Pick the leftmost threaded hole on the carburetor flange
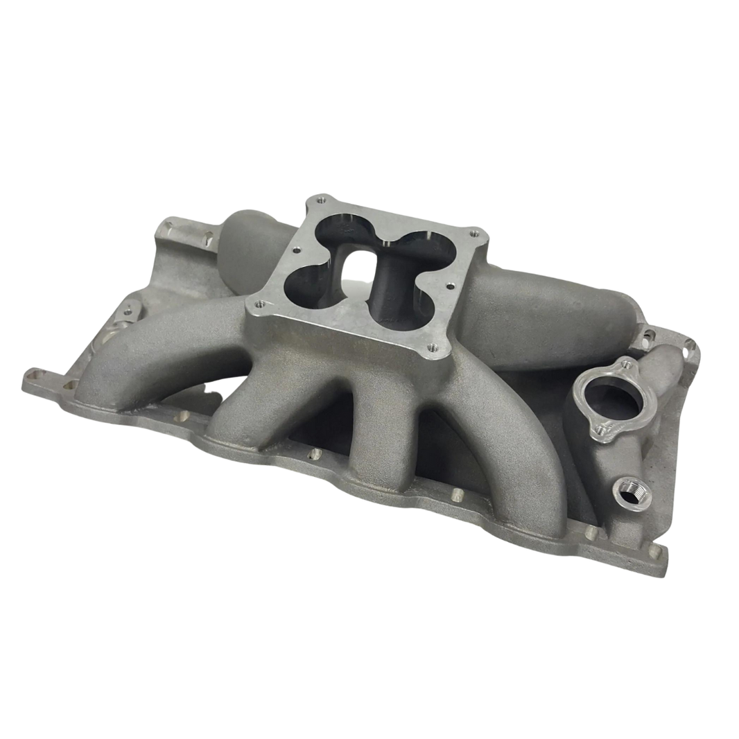(261, 303)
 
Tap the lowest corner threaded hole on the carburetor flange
(428, 350)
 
